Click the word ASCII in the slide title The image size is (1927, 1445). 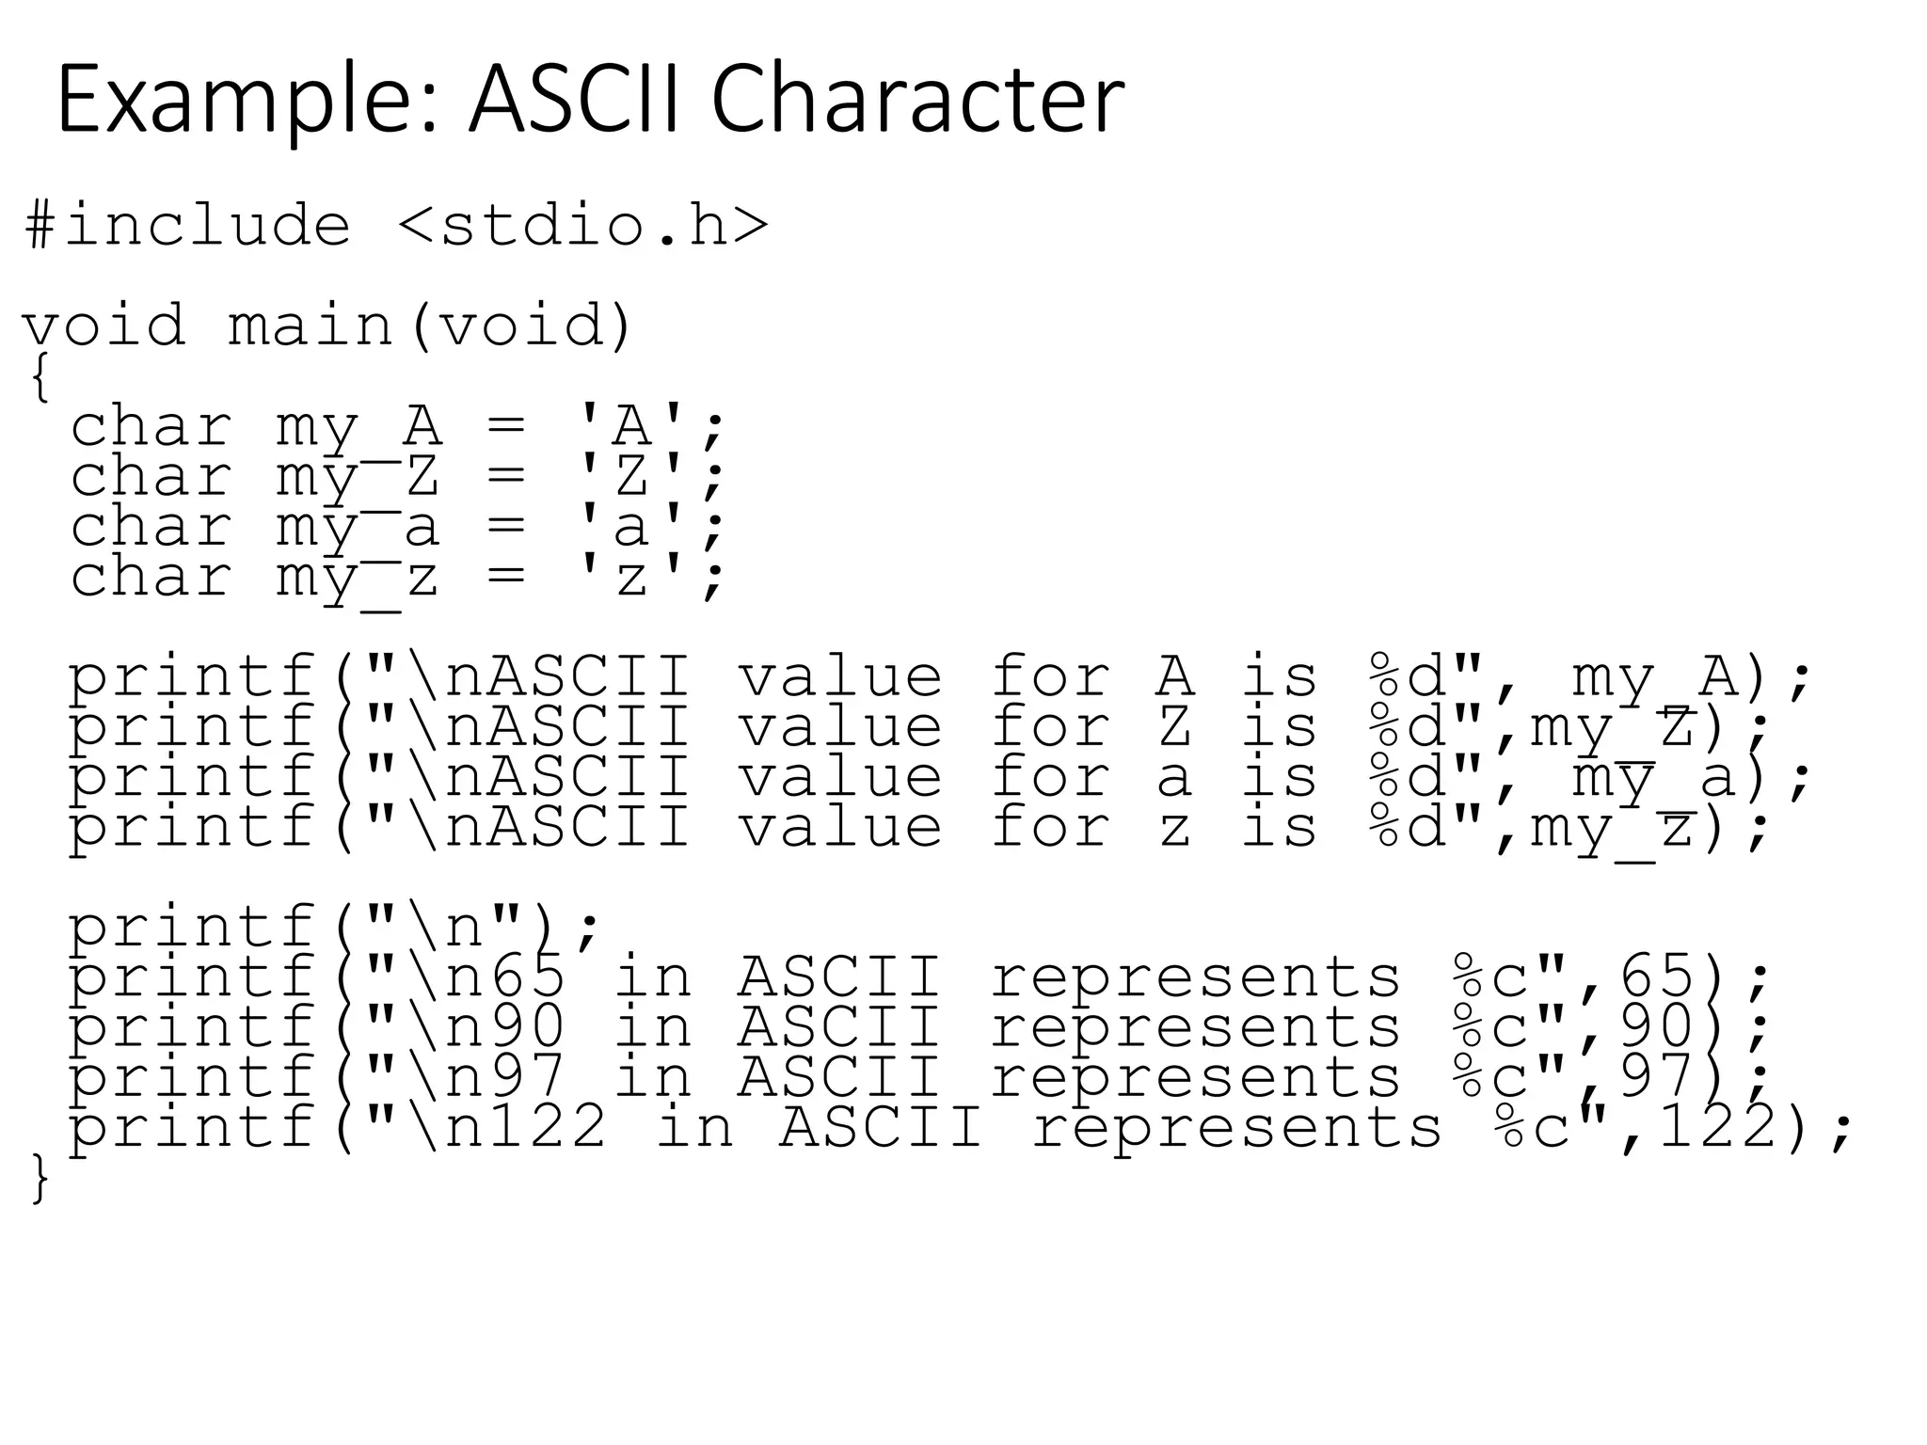coord(573,100)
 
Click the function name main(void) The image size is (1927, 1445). coord(429,326)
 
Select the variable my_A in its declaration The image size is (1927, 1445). coord(358,426)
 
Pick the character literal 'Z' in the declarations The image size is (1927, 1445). coord(631,476)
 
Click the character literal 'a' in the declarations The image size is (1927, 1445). coord(631,526)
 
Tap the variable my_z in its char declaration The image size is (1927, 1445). coord(358,578)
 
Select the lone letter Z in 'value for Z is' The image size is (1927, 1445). coord(1174,727)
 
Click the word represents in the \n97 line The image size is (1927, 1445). coord(1195,1078)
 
